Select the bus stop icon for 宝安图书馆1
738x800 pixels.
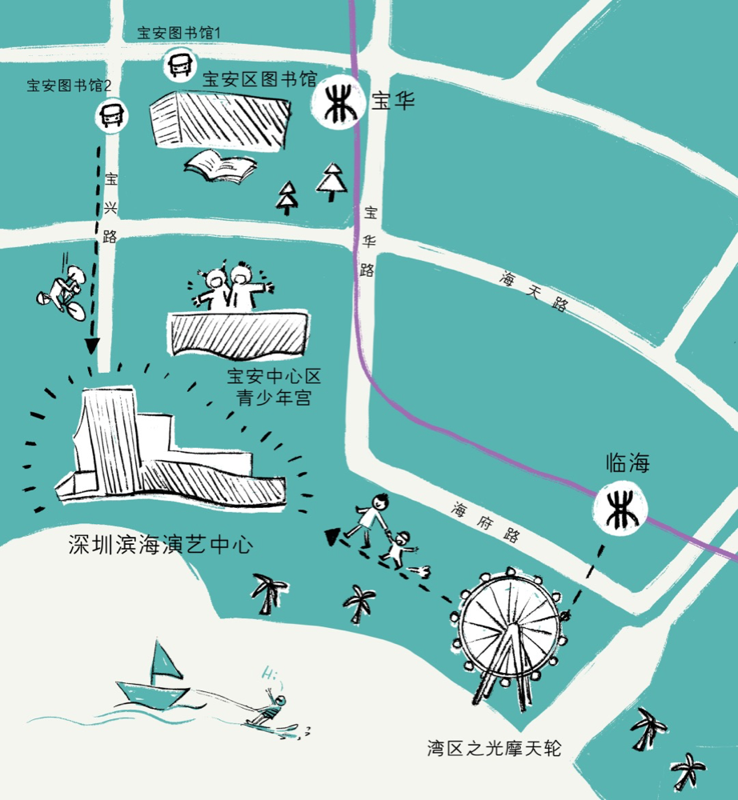coord(178,66)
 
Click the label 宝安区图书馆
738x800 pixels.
coord(259,79)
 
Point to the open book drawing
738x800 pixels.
coord(220,166)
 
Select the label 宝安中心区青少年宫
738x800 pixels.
coord(274,386)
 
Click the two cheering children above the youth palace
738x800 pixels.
coord(232,286)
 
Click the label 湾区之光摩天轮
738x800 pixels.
coord(495,749)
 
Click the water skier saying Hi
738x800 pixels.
coord(272,708)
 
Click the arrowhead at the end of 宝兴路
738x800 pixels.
coord(93,345)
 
